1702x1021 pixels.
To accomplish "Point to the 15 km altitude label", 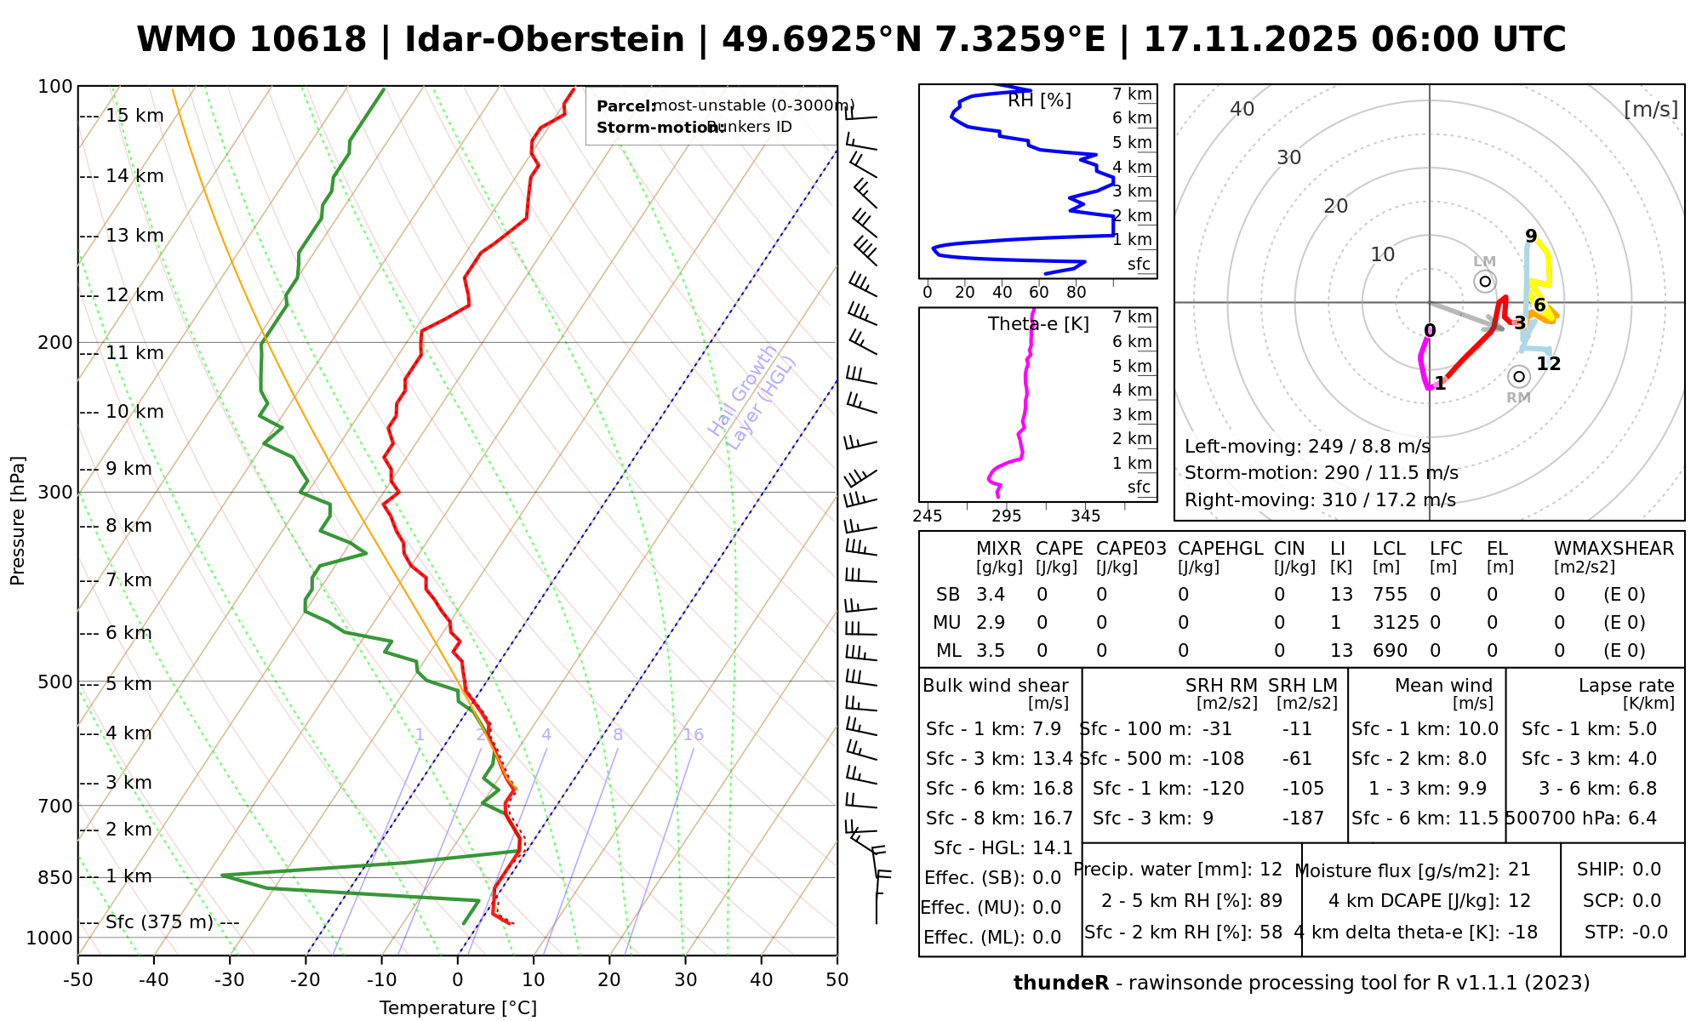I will (x=134, y=116).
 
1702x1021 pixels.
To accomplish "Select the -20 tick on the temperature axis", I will (x=306, y=980).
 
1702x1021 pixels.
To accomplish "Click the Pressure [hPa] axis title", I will (x=18, y=521).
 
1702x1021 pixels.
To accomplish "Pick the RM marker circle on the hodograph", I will (x=1518, y=376).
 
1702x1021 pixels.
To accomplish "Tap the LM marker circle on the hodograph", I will (x=1485, y=281).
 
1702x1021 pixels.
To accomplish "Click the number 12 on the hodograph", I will (x=1549, y=364).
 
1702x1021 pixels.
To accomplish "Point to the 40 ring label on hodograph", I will (x=1242, y=109).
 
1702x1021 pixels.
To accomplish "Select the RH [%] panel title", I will (x=1039, y=100).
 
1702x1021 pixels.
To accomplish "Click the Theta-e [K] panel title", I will (x=1038, y=324).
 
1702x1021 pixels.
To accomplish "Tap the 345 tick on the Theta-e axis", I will (x=1085, y=516).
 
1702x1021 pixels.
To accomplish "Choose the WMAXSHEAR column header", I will (x=1613, y=549).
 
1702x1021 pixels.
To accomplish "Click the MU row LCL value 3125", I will (x=1396, y=623).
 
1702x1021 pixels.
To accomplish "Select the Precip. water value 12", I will (x=1271, y=870).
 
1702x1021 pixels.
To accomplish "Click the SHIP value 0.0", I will (x=1647, y=870).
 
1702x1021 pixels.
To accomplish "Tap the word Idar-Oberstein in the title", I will (x=545, y=40).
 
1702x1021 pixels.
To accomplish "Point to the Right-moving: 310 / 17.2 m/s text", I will (x=1320, y=500).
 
